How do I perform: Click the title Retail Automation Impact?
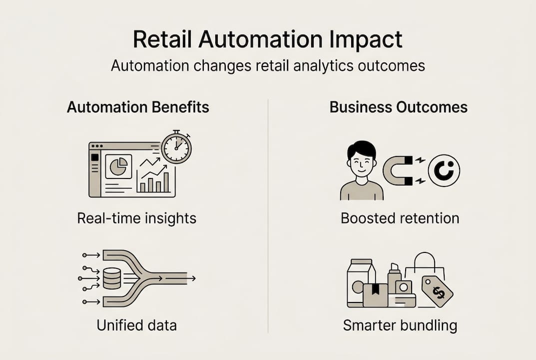click(x=268, y=39)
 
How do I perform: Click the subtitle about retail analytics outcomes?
click(x=268, y=66)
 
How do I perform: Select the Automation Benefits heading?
click(x=138, y=107)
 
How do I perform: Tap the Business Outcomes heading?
click(x=399, y=107)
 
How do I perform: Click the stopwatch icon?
click(x=176, y=147)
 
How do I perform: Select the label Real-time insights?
click(x=136, y=218)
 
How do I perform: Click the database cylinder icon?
click(x=111, y=278)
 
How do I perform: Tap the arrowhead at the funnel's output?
click(x=193, y=278)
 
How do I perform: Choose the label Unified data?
click(x=136, y=325)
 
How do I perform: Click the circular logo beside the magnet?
click(x=444, y=170)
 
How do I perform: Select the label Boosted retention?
click(x=400, y=218)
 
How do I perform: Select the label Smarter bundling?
click(x=400, y=325)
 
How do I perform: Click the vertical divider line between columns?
click(x=268, y=215)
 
